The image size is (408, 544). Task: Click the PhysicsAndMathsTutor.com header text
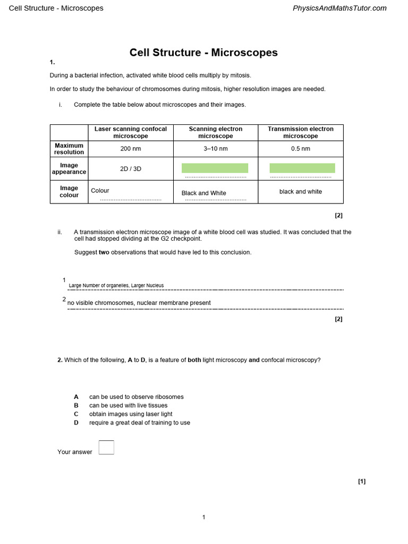340,8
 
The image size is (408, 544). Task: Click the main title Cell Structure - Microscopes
203,53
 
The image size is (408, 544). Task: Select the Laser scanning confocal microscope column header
131,132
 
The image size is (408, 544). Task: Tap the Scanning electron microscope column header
216,132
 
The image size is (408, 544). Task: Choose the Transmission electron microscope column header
301,132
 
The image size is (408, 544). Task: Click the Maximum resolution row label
69,149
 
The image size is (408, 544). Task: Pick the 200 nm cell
131,149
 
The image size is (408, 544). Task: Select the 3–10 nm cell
216,149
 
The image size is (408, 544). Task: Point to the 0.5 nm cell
301,149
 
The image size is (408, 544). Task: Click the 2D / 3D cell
131,169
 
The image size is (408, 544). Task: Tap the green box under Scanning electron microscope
215,168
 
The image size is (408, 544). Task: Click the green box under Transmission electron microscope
302,168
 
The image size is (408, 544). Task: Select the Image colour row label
69,192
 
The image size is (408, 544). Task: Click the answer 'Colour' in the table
100,190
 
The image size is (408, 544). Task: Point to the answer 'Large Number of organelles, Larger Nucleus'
116,285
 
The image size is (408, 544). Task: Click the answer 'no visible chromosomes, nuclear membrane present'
139,303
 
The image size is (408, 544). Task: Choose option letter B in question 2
76,405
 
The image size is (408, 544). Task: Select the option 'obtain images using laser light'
131,414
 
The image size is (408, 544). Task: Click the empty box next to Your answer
106,447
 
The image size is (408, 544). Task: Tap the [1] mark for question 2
362,481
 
